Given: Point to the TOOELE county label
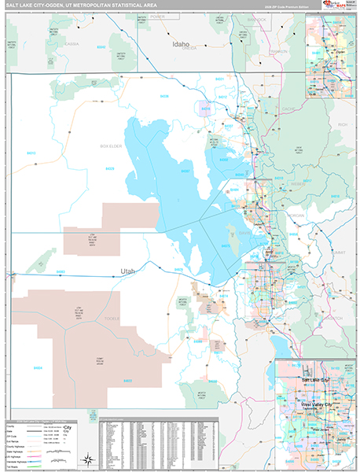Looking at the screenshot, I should point(112,319).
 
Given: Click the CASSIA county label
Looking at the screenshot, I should point(72,44).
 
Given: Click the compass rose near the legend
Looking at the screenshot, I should point(89,458).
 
